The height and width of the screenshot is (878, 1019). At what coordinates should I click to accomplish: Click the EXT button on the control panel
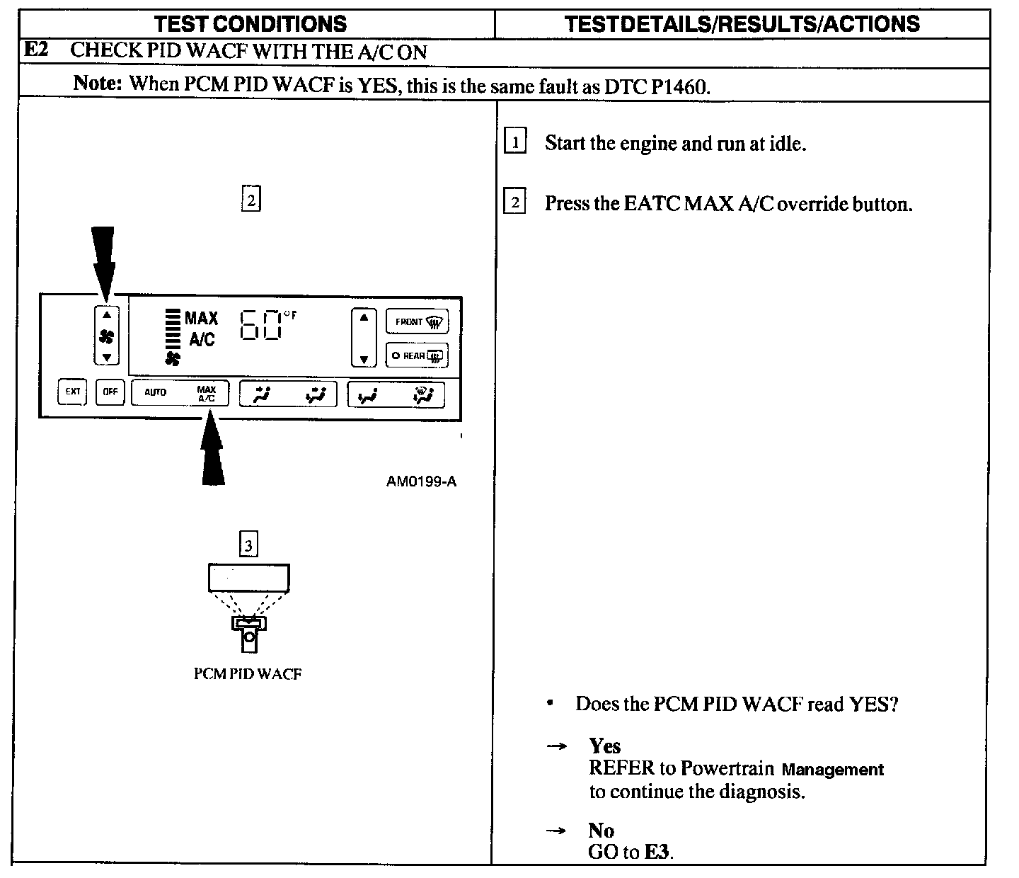[x=72, y=392]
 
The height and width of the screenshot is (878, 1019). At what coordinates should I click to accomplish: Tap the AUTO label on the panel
[x=155, y=392]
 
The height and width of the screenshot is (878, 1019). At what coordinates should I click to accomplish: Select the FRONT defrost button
[x=417, y=322]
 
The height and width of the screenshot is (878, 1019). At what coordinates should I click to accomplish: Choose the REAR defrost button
[x=417, y=355]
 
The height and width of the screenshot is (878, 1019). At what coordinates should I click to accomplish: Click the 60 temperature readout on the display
[x=260, y=326]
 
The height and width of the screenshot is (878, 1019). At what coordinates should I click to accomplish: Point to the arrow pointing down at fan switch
[x=103, y=262]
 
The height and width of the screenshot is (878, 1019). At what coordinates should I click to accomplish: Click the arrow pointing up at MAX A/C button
[x=212, y=453]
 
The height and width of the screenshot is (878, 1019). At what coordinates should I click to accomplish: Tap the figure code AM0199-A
[x=421, y=481]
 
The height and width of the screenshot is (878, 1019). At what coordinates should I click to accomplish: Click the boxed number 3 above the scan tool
[x=248, y=546]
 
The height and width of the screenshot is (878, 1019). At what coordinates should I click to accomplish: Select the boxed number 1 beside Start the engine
[x=514, y=143]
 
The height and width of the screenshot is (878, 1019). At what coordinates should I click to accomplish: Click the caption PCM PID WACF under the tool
[x=248, y=673]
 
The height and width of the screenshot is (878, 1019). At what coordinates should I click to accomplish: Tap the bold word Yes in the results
[x=604, y=746]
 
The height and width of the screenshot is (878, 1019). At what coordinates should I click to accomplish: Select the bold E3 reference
[x=657, y=852]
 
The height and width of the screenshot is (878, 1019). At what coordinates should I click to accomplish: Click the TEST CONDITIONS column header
[x=251, y=23]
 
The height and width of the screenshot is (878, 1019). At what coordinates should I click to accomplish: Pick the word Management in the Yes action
[x=833, y=769]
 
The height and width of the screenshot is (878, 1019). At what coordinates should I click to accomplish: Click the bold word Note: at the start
[x=98, y=83]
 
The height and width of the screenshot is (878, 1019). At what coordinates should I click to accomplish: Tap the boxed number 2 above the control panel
[x=251, y=200]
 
